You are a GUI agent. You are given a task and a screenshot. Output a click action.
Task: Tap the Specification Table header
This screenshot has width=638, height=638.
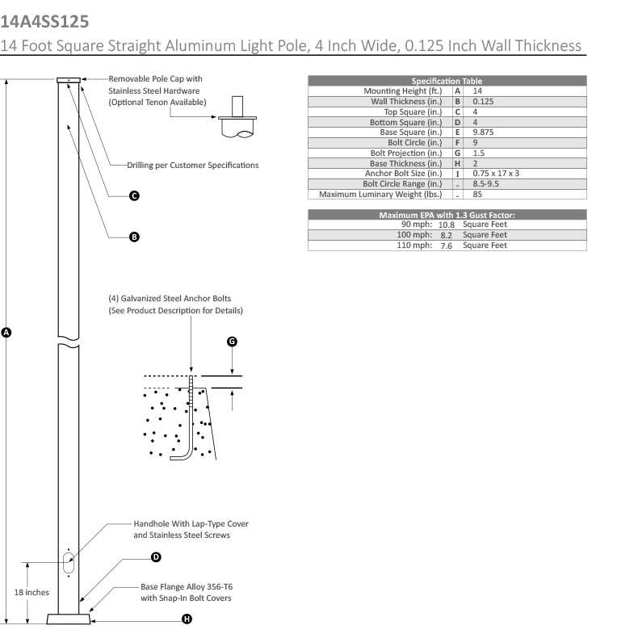[447, 81]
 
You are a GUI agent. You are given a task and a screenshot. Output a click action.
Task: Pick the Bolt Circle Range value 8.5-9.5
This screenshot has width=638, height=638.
[492, 183]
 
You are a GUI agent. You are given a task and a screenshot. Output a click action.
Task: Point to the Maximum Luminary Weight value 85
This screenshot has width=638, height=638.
[477, 194]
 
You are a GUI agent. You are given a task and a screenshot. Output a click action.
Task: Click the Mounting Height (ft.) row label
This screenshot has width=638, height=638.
[402, 91]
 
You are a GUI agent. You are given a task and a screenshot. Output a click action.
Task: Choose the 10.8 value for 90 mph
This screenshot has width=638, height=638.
[446, 225]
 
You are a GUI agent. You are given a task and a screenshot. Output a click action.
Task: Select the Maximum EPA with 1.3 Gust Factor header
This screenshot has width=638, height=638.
[447, 215]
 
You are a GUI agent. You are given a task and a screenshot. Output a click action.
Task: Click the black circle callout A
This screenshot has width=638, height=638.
[7, 331]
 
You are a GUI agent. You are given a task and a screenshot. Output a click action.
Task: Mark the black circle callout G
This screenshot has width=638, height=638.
[232, 342]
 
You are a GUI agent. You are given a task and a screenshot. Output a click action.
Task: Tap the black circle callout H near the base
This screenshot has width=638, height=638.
[187, 619]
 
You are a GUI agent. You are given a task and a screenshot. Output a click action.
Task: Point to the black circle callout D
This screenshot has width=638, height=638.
[156, 557]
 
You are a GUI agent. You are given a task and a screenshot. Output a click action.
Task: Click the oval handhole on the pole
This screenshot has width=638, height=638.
[69, 563]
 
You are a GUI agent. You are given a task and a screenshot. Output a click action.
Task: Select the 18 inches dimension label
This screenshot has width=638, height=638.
[32, 592]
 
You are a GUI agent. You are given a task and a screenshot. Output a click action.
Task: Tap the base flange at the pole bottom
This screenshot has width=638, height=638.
[69, 618]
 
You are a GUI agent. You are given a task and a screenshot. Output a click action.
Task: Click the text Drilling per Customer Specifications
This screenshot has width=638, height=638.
[192, 165]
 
